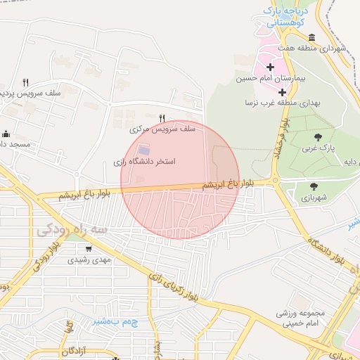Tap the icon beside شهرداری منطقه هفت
pos(311,37)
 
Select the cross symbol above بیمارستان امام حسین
pos(270,67)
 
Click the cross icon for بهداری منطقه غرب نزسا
pos(282,92)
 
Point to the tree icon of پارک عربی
pos(318,137)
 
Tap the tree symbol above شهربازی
pos(314,186)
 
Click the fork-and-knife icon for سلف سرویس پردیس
pos(26,82)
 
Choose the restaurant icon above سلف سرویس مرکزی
pos(162,118)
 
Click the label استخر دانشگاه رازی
pos(144,162)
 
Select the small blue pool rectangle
pos(144,150)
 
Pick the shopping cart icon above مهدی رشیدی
pos(89,248)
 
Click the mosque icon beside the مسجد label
pos(6,134)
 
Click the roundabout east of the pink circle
pos(276,181)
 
